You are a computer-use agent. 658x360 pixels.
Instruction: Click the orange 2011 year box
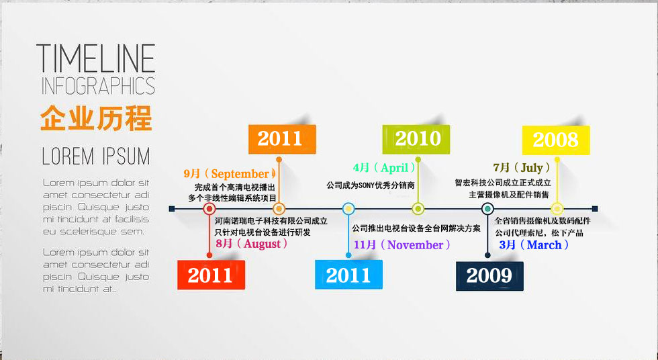click(282, 139)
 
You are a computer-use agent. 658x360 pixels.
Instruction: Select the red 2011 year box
click(211, 275)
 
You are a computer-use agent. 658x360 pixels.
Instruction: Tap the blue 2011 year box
click(348, 275)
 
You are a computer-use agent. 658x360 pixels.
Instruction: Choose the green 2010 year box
click(416, 139)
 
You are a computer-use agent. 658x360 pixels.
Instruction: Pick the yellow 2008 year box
click(556, 140)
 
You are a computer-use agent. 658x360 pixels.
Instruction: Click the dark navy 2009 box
click(489, 275)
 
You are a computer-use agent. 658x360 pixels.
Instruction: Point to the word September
click(240, 174)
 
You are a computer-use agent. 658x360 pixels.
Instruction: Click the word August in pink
click(263, 244)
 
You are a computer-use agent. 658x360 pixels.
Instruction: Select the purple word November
click(416, 245)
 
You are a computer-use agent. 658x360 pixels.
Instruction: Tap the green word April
click(395, 169)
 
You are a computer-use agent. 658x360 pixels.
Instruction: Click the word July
click(532, 169)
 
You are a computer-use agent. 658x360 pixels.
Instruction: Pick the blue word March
click(545, 245)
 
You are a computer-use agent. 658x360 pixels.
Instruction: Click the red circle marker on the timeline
click(209, 208)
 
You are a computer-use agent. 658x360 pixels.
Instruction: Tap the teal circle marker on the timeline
click(487, 208)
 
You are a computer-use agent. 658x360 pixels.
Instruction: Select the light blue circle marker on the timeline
click(348, 208)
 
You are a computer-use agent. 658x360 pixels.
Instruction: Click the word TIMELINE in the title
click(96, 58)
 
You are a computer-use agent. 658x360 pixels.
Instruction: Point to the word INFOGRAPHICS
click(99, 85)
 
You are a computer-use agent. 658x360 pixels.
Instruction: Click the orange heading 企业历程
click(96, 118)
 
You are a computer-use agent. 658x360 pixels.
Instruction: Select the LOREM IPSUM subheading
click(96, 156)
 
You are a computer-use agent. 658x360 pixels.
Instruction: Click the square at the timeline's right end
click(595, 208)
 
